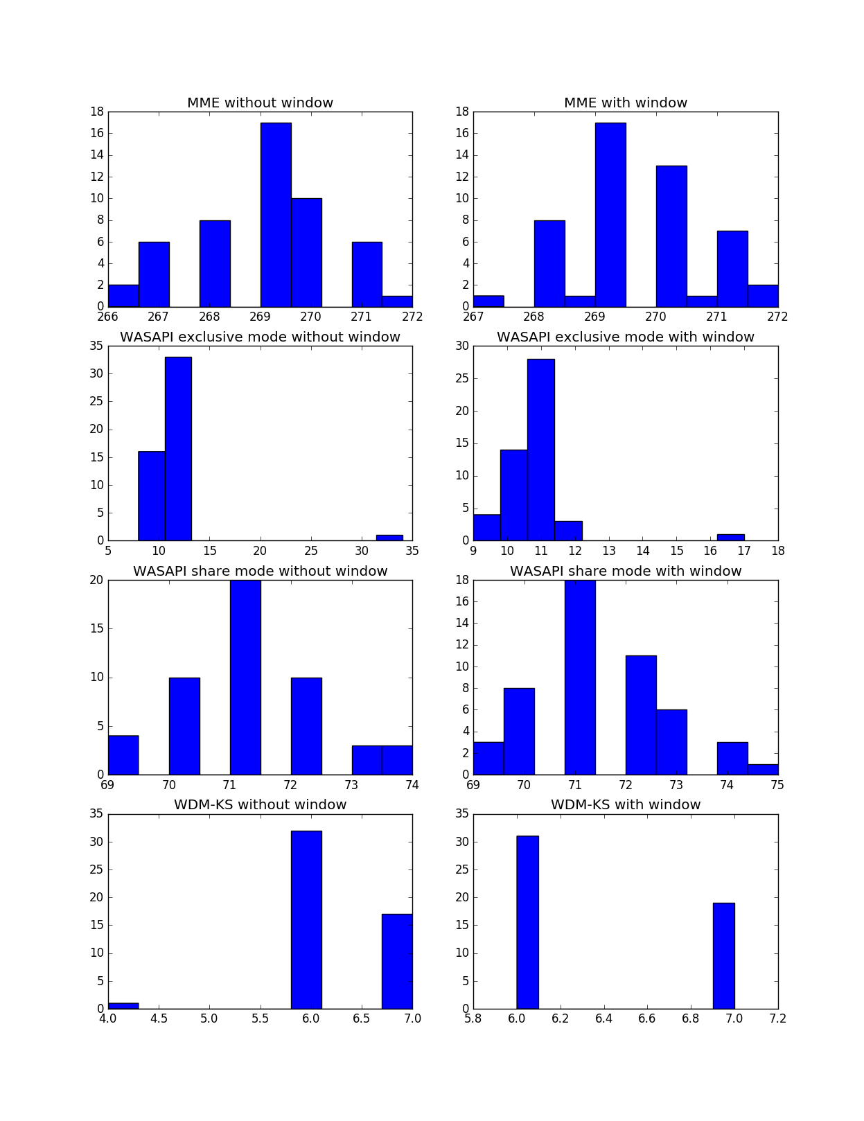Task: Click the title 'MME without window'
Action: pos(260,103)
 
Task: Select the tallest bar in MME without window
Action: pos(276,215)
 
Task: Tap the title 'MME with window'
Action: pos(625,103)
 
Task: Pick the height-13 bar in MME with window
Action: pos(671,236)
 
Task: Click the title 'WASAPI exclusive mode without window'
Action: pos(260,337)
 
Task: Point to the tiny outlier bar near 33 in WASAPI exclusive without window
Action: pos(389,538)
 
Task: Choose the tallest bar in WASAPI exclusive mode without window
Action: pos(178,448)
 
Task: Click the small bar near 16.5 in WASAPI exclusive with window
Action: pos(730,538)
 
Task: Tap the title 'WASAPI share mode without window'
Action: pos(260,572)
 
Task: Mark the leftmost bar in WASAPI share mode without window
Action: pos(123,755)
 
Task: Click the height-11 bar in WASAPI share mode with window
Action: pos(641,715)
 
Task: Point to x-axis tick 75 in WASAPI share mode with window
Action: pos(777,785)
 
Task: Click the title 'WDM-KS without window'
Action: pos(260,805)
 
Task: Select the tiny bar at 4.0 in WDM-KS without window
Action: pos(123,1006)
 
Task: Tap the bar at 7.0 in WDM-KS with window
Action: pos(723,956)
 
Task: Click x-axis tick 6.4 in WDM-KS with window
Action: pos(603,1018)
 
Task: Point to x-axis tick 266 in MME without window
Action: pos(108,317)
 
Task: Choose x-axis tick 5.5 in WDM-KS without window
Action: pos(260,1018)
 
